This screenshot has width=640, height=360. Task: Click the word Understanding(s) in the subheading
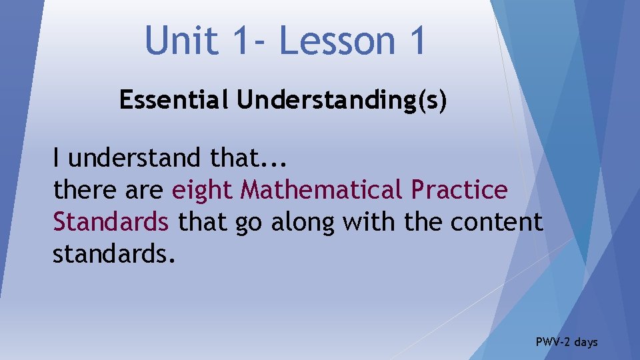(341, 100)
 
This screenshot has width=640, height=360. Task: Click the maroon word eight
(203, 191)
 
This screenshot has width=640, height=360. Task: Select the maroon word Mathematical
(321, 190)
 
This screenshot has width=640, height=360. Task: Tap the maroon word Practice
(459, 190)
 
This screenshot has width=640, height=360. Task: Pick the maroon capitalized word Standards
(111, 221)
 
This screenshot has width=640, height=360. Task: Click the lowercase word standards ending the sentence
(114, 253)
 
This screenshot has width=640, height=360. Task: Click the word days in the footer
(586, 342)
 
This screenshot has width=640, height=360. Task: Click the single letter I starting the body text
(57, 158)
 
